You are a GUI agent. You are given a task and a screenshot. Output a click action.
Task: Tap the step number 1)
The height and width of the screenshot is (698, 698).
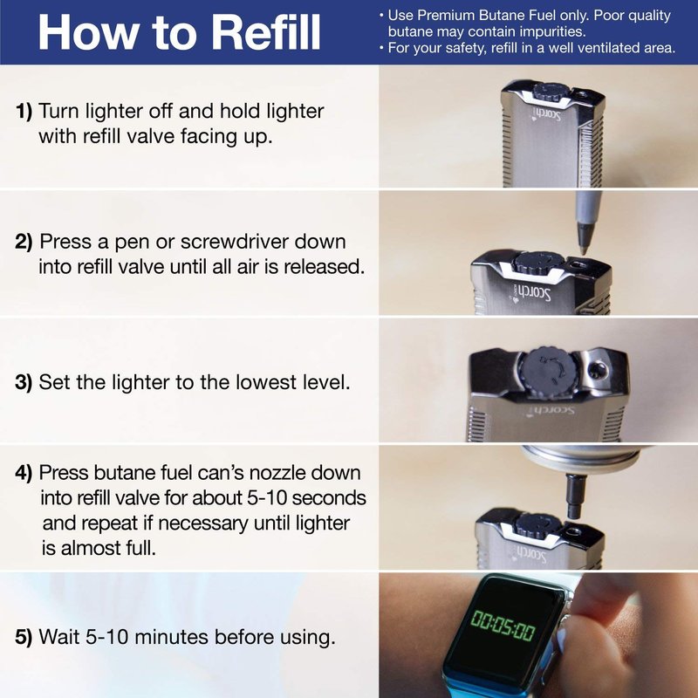coord(24,112)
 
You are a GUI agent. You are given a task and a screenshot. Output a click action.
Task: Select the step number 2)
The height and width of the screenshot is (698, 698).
coord(24,242)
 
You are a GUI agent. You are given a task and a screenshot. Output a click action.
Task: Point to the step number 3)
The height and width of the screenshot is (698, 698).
coord(24,382)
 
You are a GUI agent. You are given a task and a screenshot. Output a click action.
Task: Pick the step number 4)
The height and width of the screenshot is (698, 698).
coord(24,473)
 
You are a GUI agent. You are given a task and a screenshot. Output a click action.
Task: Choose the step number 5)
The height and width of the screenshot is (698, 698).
coord(24,637)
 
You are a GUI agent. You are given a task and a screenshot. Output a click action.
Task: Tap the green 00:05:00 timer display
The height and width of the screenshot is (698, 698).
coord(503,626)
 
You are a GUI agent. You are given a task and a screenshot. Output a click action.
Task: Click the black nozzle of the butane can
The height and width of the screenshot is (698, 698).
coord(575,497)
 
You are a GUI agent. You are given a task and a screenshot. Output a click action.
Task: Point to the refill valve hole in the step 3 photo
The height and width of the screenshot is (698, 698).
coord(599,368)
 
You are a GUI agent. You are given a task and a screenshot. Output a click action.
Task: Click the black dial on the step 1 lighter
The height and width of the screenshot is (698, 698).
coord(550,91)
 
